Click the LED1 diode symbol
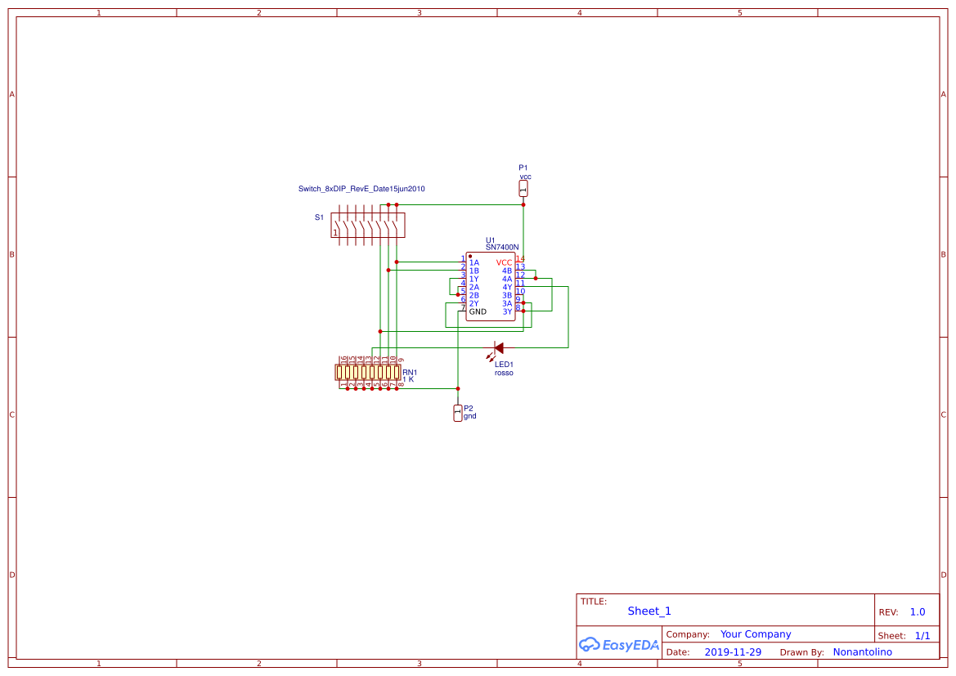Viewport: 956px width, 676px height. (x=498, y=348)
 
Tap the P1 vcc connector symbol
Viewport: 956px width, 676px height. (x=523, y=189)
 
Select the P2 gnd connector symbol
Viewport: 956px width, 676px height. (x=457, y=413)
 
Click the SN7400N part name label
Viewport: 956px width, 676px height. (x=502, y=247)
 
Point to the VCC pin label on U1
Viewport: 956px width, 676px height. (x=504, y=262)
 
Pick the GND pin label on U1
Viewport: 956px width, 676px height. (x=478, y=311)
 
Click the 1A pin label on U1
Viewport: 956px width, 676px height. (x=474, y=262)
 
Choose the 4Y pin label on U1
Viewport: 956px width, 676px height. (x=507, y=287)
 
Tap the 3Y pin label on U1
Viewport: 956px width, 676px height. (x=507, y=311)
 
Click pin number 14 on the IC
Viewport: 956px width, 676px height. (x=520, y=259)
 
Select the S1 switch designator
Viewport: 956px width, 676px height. (x=319, y=217)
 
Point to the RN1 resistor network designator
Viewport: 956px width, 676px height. (x=410, y=373)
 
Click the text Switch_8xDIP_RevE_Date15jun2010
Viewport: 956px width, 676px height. (x=361, y=189)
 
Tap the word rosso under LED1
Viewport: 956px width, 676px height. (x=504, y=373)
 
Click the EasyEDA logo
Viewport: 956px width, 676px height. (x=618, y=644)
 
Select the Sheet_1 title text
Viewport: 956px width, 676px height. (x=649, y=611)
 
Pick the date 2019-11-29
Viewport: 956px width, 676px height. (x=733, y=652)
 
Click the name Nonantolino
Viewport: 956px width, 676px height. (x=862, y=652)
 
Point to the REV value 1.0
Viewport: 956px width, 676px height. (x=918, y=611)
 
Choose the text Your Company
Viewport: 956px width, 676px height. (x=756, y=634)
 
